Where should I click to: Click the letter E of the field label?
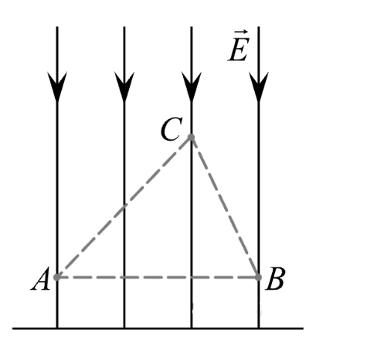239,49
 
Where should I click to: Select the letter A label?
40,280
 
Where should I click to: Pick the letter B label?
274,279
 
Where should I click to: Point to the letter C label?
171,129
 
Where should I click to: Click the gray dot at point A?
57,277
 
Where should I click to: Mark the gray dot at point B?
258,277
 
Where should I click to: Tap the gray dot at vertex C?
191,137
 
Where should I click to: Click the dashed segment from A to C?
124,207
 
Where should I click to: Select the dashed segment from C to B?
225,207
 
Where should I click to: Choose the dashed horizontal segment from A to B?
158,277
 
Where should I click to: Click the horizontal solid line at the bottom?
158,328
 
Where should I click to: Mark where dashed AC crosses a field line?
124,207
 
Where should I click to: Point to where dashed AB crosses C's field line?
192,277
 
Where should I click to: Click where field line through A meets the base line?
57,328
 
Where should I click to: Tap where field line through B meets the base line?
259,328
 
